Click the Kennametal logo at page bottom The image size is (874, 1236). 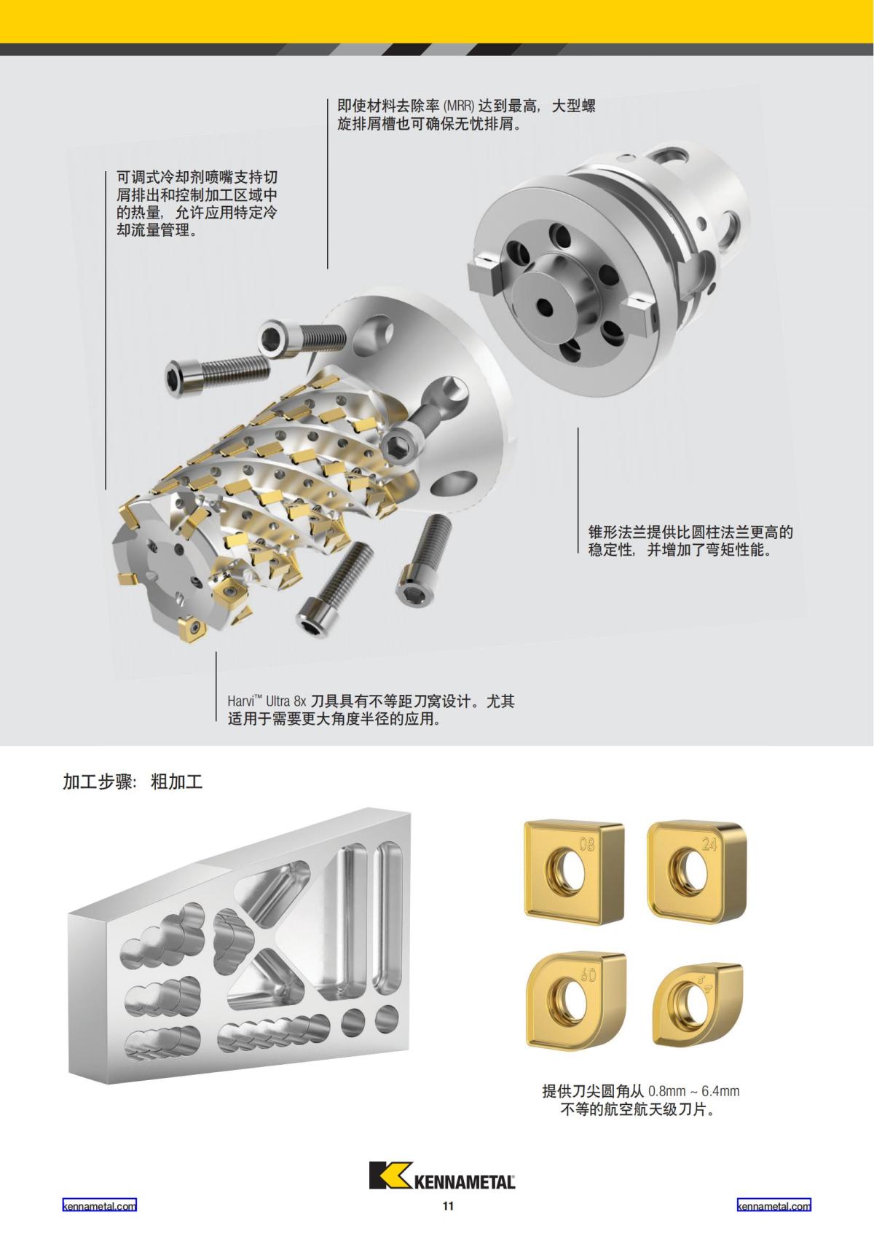[x=442, y=1175]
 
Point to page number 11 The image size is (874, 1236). [x=448, y=1205]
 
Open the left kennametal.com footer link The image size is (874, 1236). [x=99, y=1205]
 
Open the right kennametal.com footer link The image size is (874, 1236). [x=773, y=1205]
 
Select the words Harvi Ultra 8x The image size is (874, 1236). [x=267, y=701]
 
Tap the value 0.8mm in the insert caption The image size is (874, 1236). [x=666, y=1091]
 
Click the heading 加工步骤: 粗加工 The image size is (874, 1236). [x=133, y=782]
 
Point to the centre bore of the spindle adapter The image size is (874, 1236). [x=543, y=302]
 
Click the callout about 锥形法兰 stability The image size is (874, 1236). [x=690, y=540]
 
